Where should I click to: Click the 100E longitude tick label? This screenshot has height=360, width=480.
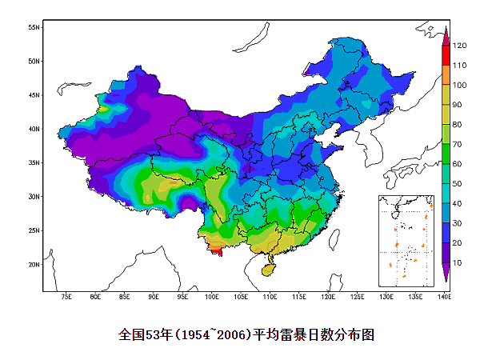[x=212, y=298]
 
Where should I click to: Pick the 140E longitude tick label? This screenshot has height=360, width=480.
[x=443, y=298]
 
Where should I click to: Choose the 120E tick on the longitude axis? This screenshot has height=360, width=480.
[x=328, y=298]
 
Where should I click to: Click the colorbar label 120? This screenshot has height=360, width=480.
[x=459, y=46]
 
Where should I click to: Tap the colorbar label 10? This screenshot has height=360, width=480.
[x=458, y=262]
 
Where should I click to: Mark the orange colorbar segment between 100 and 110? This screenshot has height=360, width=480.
[x=446, y=74]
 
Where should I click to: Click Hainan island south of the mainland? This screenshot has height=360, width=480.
[x=268, y=269]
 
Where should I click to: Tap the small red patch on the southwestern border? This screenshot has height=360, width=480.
[x=214, y=253]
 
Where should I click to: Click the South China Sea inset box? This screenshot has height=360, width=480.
[x=405, y=240]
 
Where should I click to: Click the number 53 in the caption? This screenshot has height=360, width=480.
[x=150, y=334]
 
